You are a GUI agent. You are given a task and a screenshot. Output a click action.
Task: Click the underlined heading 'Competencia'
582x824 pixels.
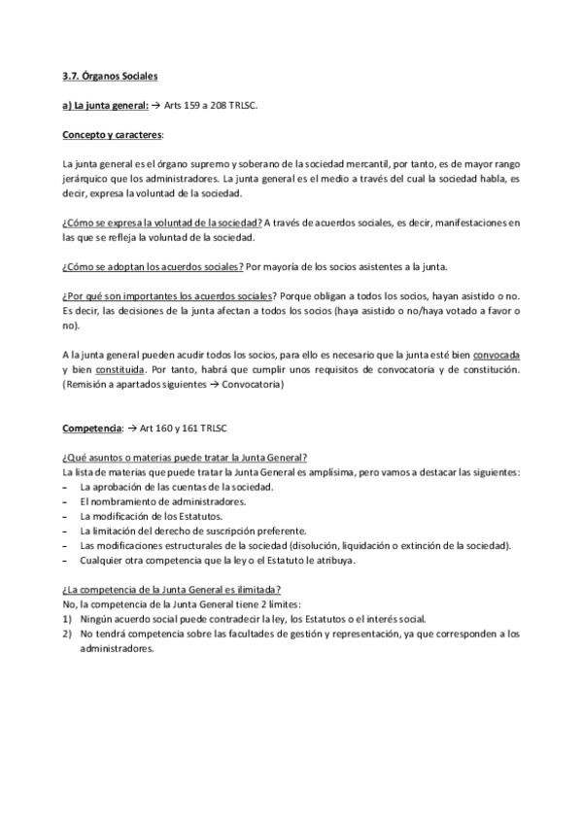coord(91,428)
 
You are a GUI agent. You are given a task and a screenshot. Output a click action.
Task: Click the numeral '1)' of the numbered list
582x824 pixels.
coord(66,619)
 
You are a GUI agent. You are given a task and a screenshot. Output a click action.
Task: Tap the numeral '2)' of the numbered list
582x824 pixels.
coord(66,634)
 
